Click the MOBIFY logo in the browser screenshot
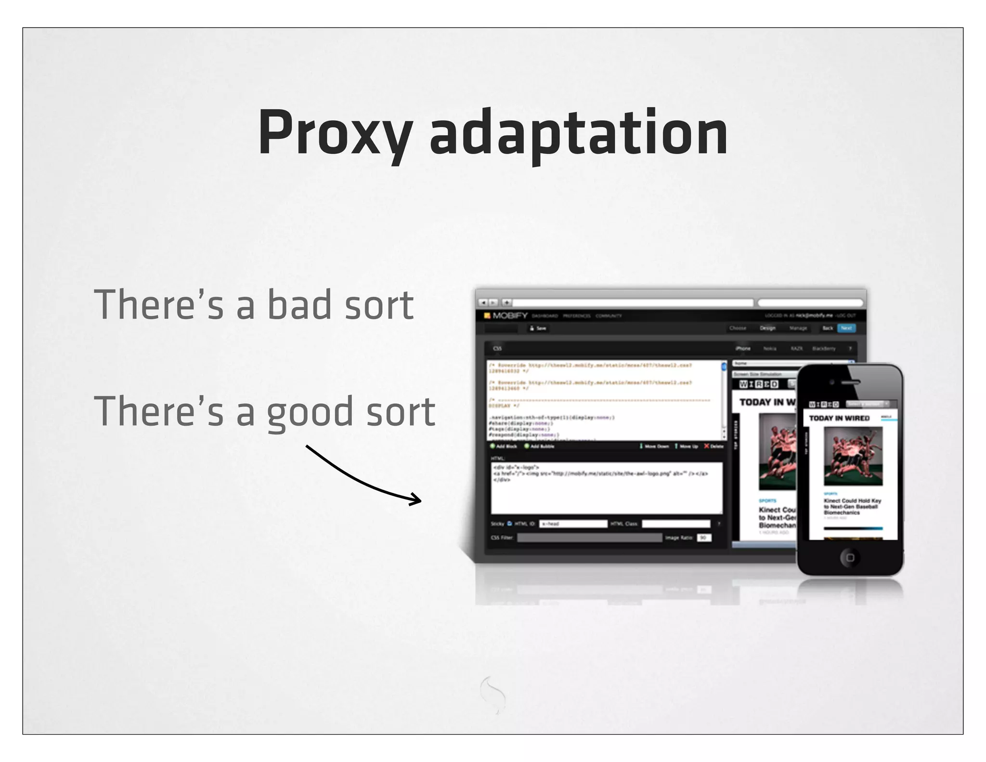pos(506,315)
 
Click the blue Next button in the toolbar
pos(846,328)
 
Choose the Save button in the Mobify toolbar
pos(538,328)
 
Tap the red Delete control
pos(714,446)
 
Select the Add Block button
pos(504,446)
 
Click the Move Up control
pos(686,446)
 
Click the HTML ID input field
pos(572,524)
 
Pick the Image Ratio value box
pos(704,538)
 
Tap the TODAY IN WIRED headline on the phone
pos(839,418)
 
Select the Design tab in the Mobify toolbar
pos(767,328)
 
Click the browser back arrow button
pos(483,302)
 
